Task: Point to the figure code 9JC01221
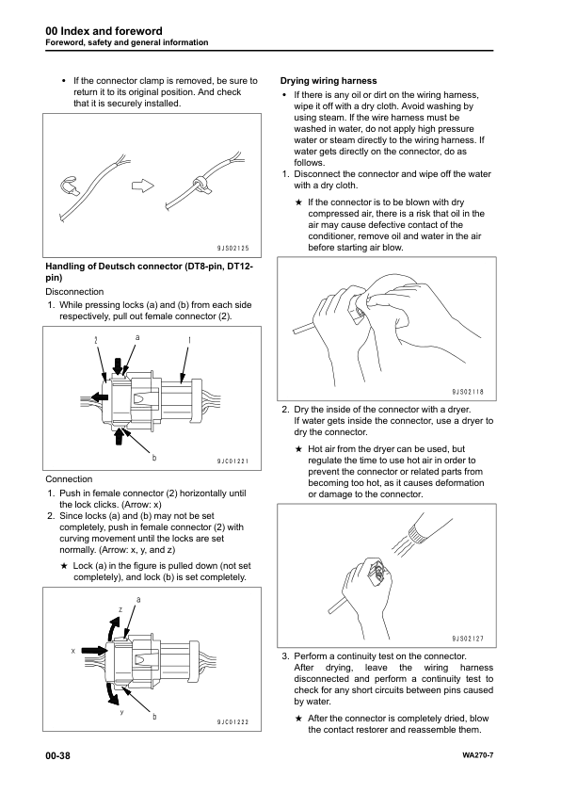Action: pos(231,461)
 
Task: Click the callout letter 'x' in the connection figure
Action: pos(72,651)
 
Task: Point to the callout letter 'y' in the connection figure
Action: pos(120,710)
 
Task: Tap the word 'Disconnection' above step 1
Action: pos(74,291)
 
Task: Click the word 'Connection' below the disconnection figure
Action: pos(69,478)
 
